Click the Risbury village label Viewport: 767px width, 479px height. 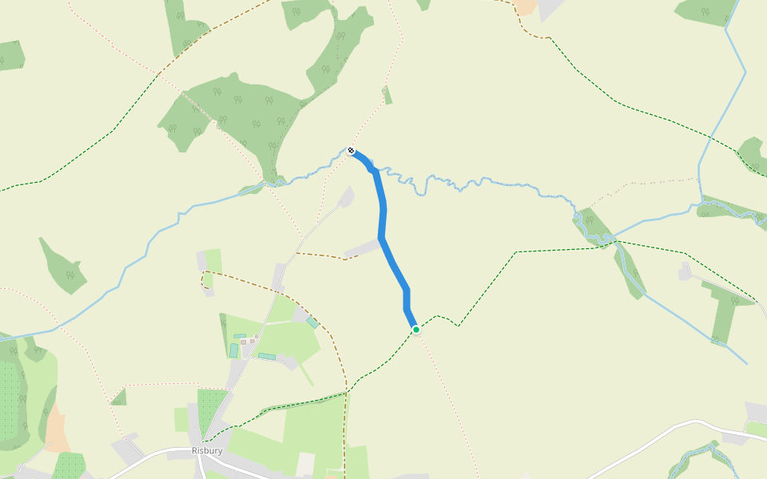pos(207,450)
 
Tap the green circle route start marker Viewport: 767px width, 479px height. pos(415,329)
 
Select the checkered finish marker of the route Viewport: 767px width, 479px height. pos(351,150)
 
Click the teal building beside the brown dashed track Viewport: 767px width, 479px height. pos(312,323)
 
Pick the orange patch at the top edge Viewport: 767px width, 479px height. pos(526,6)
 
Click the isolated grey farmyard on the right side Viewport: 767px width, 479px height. pos(685,271)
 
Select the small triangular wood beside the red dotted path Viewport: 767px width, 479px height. pos(120,397)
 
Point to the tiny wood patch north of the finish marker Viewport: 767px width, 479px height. pos(387,96)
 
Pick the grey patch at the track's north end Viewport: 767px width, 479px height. pos(346,196)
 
